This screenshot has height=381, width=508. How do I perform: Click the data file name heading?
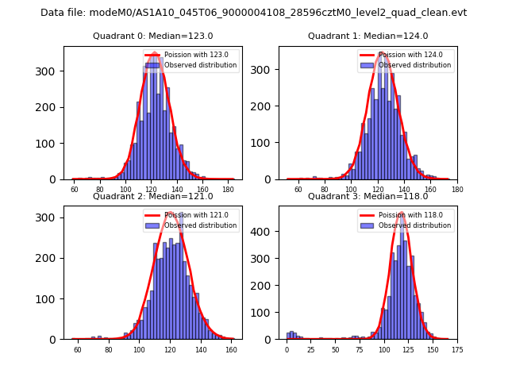[x=254, y=13]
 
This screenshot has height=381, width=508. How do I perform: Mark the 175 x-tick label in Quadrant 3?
[x=456, y=349]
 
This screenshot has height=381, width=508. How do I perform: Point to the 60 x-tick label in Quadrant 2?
[x=77, y=349]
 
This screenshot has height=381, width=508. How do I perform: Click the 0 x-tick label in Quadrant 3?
[x=287, y=349]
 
